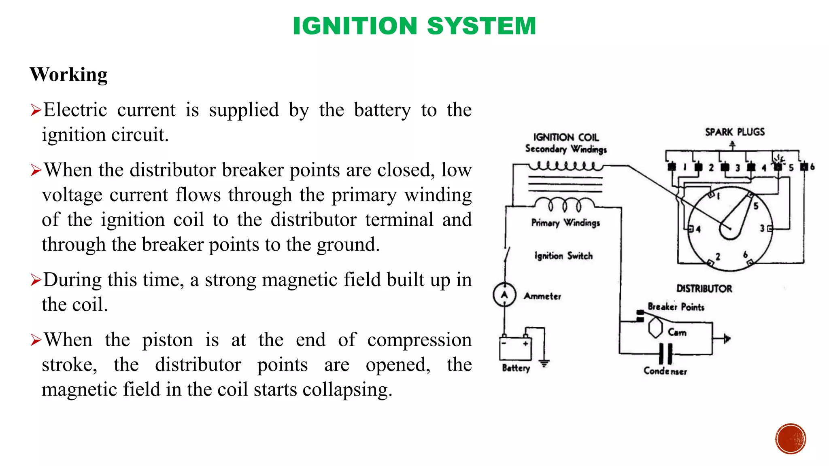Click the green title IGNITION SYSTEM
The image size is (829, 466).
[x=414, y=26]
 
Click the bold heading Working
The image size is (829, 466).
[x=69, y=75]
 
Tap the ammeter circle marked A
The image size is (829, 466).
[x=504, y=294]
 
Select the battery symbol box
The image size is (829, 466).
[x=515, y=349]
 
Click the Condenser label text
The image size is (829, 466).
[x=665, y=371]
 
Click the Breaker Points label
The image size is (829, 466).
[x=676, y=307]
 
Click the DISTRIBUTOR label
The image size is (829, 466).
[x=704, y=288]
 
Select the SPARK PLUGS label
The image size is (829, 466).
[x=735, y=132]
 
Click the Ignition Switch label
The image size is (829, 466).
[x=563, y=256]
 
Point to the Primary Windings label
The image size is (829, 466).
[x=565, y=223]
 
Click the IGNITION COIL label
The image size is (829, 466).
[x=565, y=137]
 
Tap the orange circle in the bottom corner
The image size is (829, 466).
[x=791, y=439]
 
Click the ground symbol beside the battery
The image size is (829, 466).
[x=544, y=363]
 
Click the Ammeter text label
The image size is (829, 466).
[x=542, y=296]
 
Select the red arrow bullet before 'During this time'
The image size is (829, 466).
[x=36, y=280]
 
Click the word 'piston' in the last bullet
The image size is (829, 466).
[x=167, y=340]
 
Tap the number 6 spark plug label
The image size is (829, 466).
[x=812, y=167]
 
